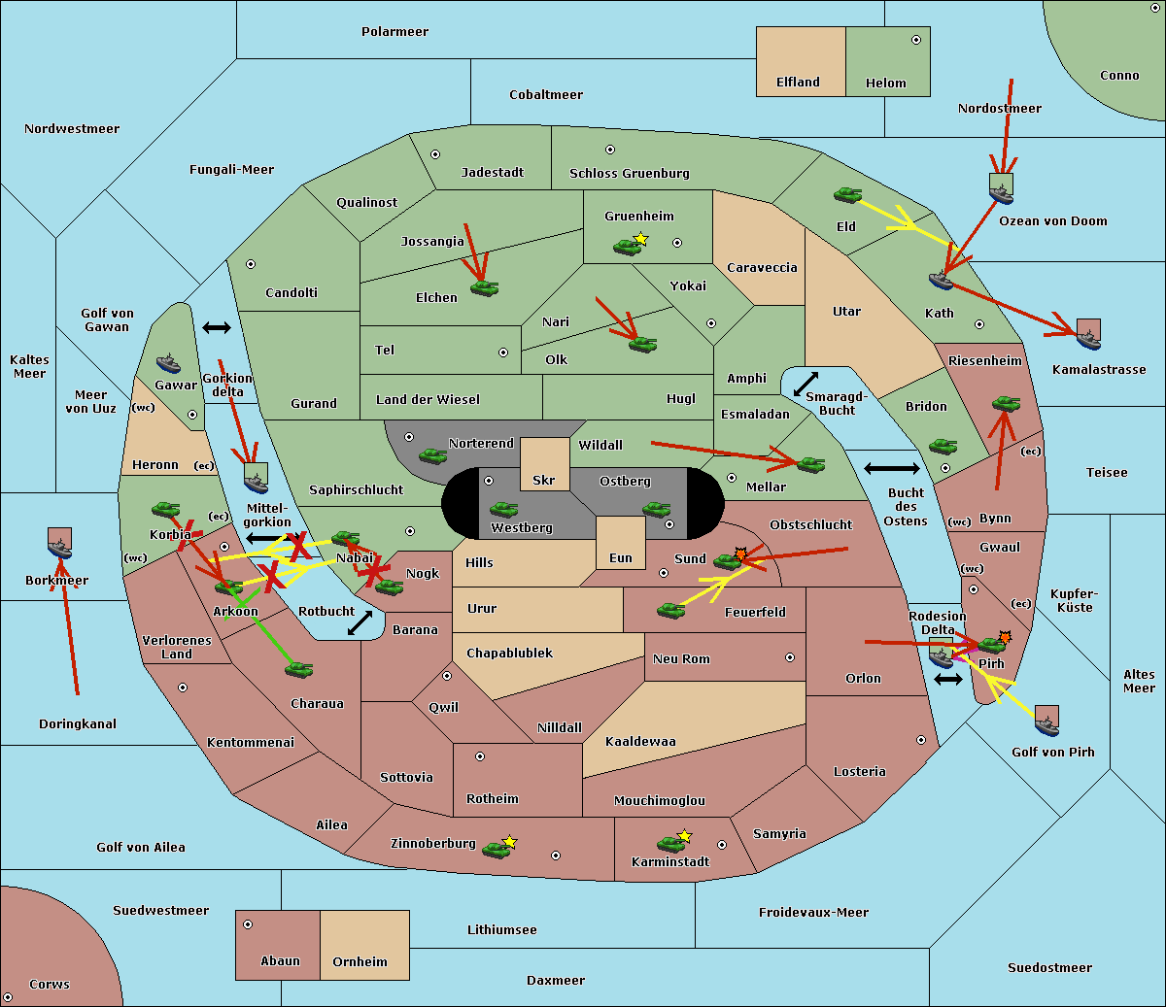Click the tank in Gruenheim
pos(627,247)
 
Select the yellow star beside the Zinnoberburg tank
pos(509,842)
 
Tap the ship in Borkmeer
pos(60,548)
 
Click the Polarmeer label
pos(394,32)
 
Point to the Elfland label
pos(798,83)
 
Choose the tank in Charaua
pos(298,669)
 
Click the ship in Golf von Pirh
pos(1046,725)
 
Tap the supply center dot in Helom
pos(916,40)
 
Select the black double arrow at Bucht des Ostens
pos(892,468)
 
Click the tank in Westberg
pos(503,509)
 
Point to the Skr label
pos(544,480)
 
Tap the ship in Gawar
pos(168,364)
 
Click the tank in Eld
pos(848,195)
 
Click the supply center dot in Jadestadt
pos(435,154)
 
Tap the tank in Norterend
pos(432,455)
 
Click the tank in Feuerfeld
pos(670,610)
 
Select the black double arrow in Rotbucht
pos(360,623)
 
